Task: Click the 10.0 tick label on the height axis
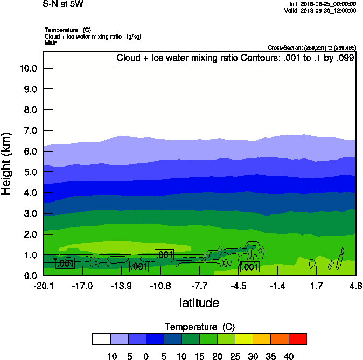click(27, 68)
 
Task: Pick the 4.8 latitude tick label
click(355, 285)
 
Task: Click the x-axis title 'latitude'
click(199, 303)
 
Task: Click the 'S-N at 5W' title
click(63, 4)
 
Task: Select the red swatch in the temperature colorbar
click(297, 338)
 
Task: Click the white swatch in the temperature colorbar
click(101, 338)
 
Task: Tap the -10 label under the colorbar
click(110, 356)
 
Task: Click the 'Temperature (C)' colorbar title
click(200, 327)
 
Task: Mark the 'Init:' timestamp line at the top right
click(322, 4)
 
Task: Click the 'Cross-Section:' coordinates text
click(312, 47)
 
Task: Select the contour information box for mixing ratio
click(235, 58)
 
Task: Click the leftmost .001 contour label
click(65, 264)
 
